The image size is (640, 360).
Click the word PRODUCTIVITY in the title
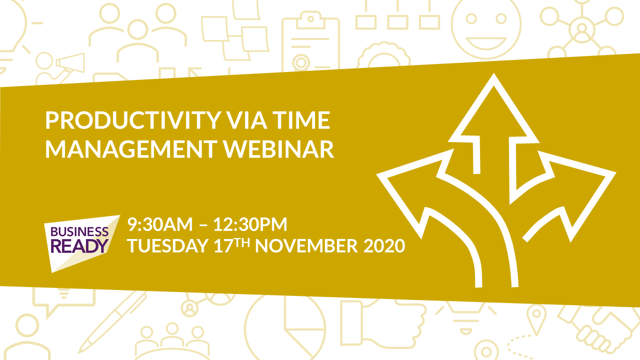(133, 120)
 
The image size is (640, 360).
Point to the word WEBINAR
(278, 149)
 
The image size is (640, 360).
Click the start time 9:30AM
(160, 224)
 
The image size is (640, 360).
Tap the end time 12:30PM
(250, 224)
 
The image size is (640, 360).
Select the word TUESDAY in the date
(167, 245)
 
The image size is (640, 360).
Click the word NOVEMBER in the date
(306, 245)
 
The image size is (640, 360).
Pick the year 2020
(384, 245)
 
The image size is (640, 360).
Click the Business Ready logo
(81, 243)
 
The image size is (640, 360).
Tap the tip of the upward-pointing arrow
(493, 73)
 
